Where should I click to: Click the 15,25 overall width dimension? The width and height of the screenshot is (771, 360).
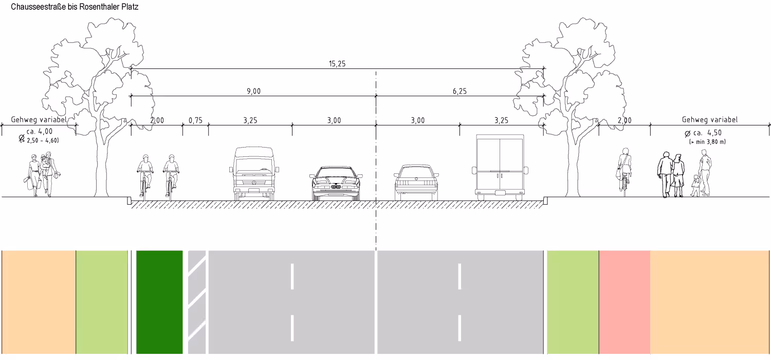pyautogui.click(x=337, y=64)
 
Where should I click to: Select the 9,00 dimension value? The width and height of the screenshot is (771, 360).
pyautogui.click(x=253, y=92)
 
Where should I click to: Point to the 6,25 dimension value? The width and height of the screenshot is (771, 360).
pyautogui.click(x=460, y=92)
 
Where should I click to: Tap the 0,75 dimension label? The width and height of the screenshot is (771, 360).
pyautogui.click(x=195, y=121)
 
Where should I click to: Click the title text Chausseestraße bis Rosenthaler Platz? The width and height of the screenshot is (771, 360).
pyautogui.click(x=70, y=7)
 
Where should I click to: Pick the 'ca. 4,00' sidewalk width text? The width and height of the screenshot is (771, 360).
pyautogui.click(x=40, y=132)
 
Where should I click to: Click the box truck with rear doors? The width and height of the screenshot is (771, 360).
pyautogui.click(x=500, y=167)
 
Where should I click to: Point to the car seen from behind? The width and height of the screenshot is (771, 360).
pyautogui.click(x=416, y=183)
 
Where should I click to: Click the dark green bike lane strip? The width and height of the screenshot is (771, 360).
pyautogui.click(x=159, y=302)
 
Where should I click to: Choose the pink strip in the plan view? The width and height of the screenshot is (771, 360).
pyautogui.click(x=625, y=302)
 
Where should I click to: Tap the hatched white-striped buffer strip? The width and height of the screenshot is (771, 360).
pyautogui.click(x=197, y=302)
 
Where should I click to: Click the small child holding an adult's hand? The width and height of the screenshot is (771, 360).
pyautogui.click(x=696, y=186)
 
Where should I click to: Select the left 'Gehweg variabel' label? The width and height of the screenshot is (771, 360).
pyautogui.click(x=39, y=120)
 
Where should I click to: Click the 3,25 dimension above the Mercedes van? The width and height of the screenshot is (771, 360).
pyautogui.click(x=250, y=121)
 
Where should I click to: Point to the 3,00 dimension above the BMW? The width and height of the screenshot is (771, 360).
pyautogui.click(x=334, y=121)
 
